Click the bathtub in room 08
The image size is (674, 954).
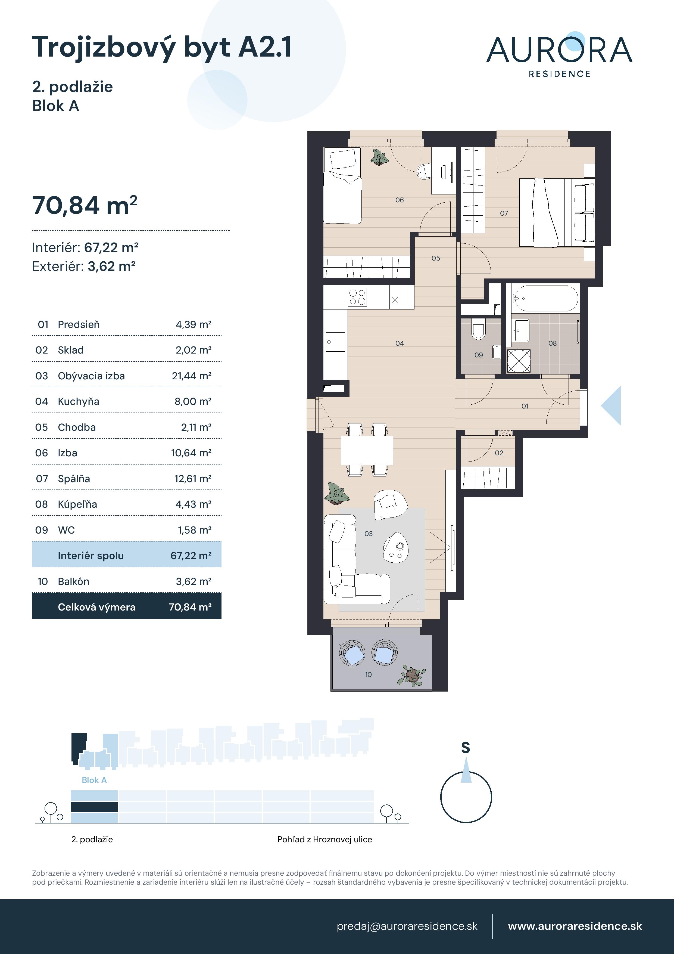point(545,298)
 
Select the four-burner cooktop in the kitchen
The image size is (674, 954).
point(357,297)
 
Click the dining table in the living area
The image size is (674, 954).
point(367,450)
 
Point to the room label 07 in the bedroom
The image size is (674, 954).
point(504,213)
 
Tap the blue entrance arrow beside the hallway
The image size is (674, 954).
point(612,405)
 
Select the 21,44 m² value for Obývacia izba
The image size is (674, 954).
point(191,376)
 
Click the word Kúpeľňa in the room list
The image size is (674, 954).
point(77,504)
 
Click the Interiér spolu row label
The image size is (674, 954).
point(91,556)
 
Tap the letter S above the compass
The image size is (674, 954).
point(466,748)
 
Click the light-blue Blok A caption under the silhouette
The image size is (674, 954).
point(94,780)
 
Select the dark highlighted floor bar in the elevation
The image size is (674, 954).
point(94,807)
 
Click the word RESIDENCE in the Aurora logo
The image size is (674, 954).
point(559,74)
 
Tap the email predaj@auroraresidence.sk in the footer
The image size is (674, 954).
point(407,926)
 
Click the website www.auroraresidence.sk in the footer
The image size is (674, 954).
point(575,926)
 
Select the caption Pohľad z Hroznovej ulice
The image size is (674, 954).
point(324,839)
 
